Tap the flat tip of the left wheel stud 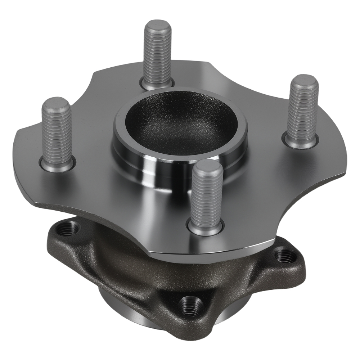[x=55, y=103]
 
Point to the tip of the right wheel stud [x=305, y=80]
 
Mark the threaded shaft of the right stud [x=301, y=112]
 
